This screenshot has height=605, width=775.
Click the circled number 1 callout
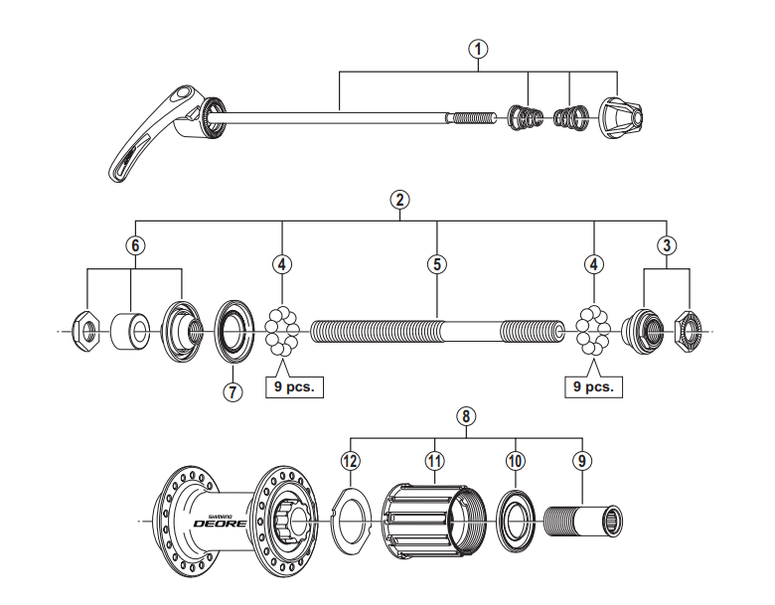coord(479,47)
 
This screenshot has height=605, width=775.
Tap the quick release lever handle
coord(149,138)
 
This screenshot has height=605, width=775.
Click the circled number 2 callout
coord(399,198)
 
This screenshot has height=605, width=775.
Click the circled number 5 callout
coord(437,264)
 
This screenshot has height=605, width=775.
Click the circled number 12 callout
coord(349,460)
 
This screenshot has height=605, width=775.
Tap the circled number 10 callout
coord(515,460)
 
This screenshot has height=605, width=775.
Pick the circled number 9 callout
coord(581,460)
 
